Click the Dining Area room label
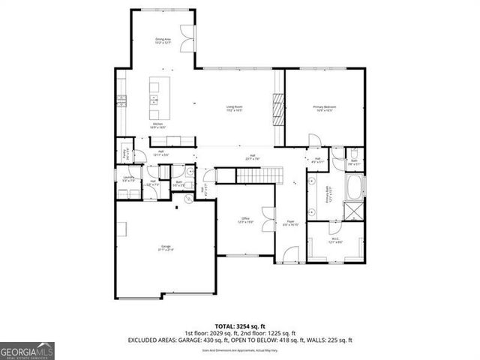163,40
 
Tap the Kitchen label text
158,125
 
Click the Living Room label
238,109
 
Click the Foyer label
290,223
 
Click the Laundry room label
128,178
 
